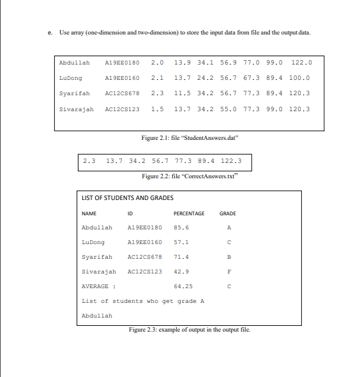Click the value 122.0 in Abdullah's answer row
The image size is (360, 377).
[x=301, y=63]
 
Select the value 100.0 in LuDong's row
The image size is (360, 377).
[x=299, y=78]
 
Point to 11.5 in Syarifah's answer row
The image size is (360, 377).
[x=183, y=93]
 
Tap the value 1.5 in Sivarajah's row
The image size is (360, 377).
[x=157, y=109]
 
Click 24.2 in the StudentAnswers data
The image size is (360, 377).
[x=206, y=78]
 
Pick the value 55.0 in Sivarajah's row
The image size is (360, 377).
[x=228, y=109]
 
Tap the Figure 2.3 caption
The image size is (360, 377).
[x=188, y=329]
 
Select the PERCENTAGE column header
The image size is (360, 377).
[x=189, y=213]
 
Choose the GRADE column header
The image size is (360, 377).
[x=228, y=213]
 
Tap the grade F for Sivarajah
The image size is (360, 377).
[x=228, y=272]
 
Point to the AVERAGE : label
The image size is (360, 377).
[x=99, y=286]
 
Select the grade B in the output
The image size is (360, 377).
[x=228, y=257]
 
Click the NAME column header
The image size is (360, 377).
[x=89, y=213]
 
